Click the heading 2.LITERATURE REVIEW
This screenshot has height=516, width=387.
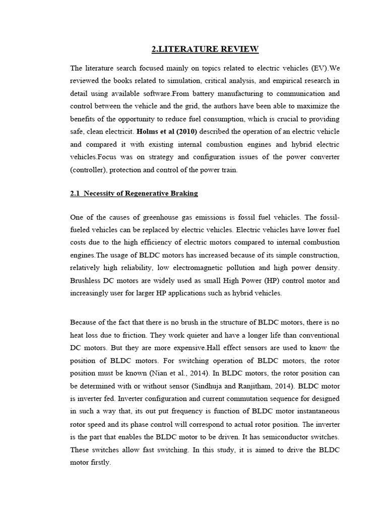(205, 49)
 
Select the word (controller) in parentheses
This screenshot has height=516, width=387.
(89, 171)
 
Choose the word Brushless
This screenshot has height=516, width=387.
(86, 281)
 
